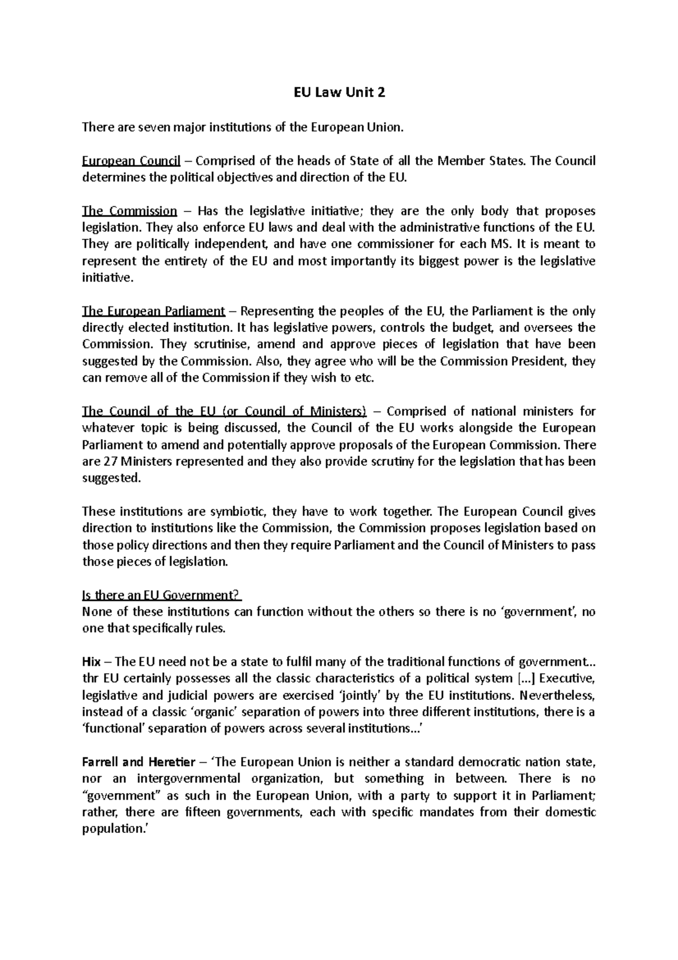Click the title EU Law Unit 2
[339, 93]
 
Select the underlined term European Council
[131, 161]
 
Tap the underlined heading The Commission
[129, 211]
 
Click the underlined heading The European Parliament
[153, 312]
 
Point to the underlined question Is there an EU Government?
[162, 595]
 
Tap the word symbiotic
[240, 512]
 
